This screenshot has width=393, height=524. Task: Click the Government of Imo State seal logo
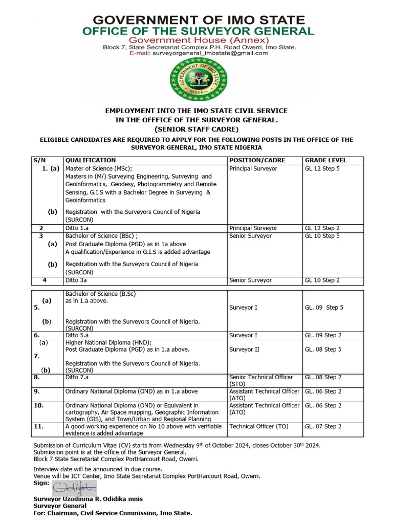196,79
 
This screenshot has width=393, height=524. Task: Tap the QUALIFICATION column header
91,160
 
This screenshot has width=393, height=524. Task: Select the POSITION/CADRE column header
257,160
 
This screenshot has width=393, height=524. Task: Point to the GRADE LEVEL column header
325,160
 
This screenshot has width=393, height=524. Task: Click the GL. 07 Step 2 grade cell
323,426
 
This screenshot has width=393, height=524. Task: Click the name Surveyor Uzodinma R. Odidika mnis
88,499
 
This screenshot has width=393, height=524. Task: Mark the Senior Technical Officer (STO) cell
261,380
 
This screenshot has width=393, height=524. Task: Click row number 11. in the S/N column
37,426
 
